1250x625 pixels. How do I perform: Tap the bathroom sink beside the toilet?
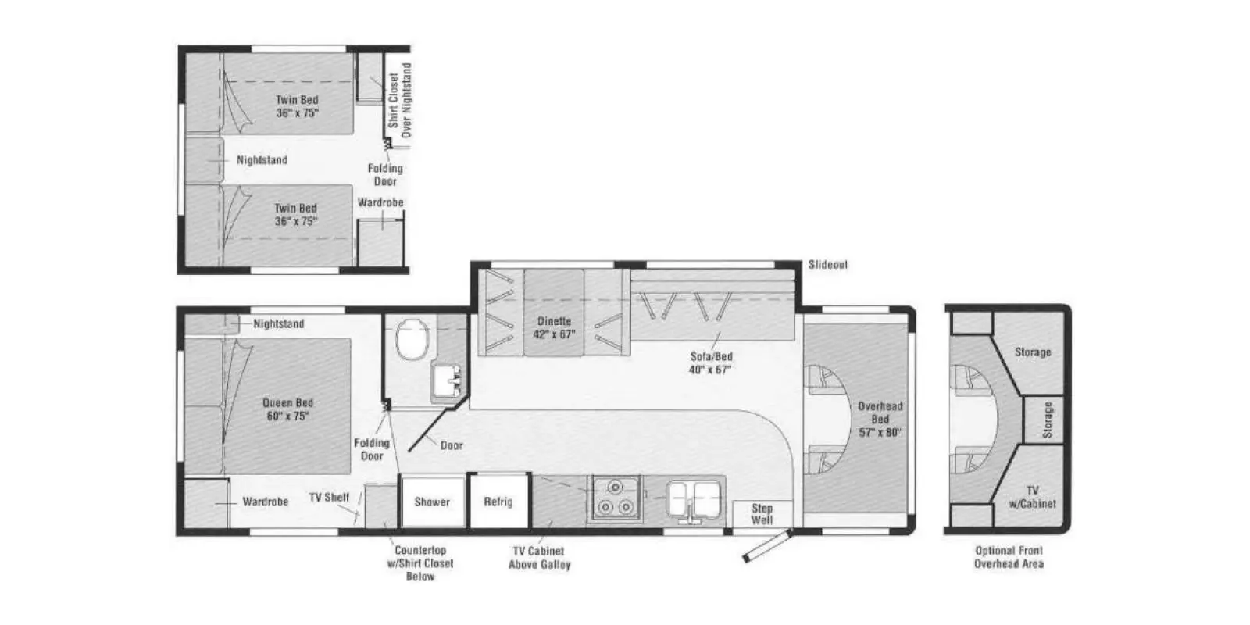click(x=447, y=383)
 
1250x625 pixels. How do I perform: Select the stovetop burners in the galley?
click(x=615, y=497)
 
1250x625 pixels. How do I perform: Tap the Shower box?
click(x=431, y=502)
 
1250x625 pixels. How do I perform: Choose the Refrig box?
click(x=498, y=502)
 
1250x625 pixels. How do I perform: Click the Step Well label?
click(x=762, y=514)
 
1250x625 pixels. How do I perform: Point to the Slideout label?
click(x=827, y=265)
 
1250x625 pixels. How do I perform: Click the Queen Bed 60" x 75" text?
click(x=287, y=409)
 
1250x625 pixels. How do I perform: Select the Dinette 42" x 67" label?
click(x=554, y=327)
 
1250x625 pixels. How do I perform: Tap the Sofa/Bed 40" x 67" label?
click(x=710, y=363)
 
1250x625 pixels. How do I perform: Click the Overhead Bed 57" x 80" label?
click(x=880, y=419)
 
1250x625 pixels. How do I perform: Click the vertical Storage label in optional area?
click(x=1048, y=420)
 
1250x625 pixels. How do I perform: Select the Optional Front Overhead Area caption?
click(x=1008, y=557)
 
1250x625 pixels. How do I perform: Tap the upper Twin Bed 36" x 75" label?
click(x=297, y=106)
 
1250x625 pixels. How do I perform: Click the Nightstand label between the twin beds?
click(x=262, y=160)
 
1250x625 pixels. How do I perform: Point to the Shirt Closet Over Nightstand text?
click(x=399, y=100)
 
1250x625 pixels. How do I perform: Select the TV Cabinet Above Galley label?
click(x=539, y=558)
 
